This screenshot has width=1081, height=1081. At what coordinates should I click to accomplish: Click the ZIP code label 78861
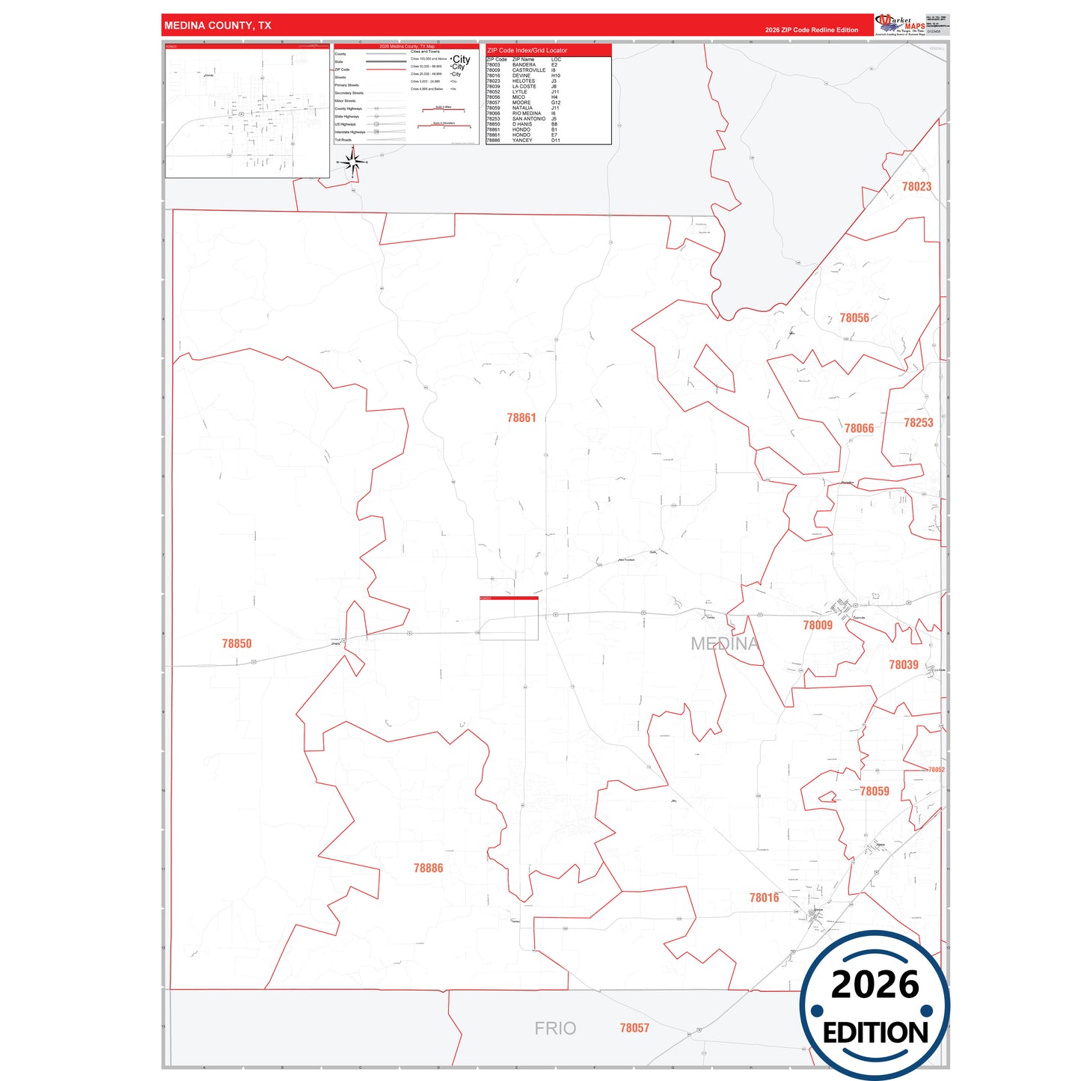[521, 418]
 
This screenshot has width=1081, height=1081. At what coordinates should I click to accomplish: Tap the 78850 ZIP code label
[236, 643]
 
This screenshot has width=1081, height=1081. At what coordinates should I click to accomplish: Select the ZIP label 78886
[428, 868]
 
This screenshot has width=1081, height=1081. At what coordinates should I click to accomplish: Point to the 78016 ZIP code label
[764, 898]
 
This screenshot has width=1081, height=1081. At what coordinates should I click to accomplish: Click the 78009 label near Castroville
[817, 625]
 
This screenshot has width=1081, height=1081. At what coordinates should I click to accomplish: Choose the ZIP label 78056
[854, 318]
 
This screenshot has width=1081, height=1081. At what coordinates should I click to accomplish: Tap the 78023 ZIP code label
[916, 187]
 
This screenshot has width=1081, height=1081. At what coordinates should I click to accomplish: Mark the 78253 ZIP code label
[918, 423]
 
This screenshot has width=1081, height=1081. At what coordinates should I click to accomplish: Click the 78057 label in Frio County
[634, 1028]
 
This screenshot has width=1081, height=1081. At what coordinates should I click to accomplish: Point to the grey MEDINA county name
[724, 643]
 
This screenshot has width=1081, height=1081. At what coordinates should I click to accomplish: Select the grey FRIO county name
[555, 1029]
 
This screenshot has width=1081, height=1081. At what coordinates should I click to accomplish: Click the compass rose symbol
[354, 162]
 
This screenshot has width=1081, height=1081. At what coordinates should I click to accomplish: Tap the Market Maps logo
[899, 25]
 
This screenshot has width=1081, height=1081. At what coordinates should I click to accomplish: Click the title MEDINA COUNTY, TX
[218, 25]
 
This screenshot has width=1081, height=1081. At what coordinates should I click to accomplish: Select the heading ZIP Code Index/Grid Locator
[527, 50]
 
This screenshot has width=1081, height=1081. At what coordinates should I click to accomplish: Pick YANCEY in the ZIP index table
[522, 141]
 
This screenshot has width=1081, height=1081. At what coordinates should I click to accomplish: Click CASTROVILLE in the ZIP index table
[528, 70]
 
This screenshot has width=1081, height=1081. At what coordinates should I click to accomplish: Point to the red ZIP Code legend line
[386, 70]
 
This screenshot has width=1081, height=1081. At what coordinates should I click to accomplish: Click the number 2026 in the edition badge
[875, 984]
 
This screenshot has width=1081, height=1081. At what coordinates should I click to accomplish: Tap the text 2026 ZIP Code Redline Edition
[811, 30]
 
